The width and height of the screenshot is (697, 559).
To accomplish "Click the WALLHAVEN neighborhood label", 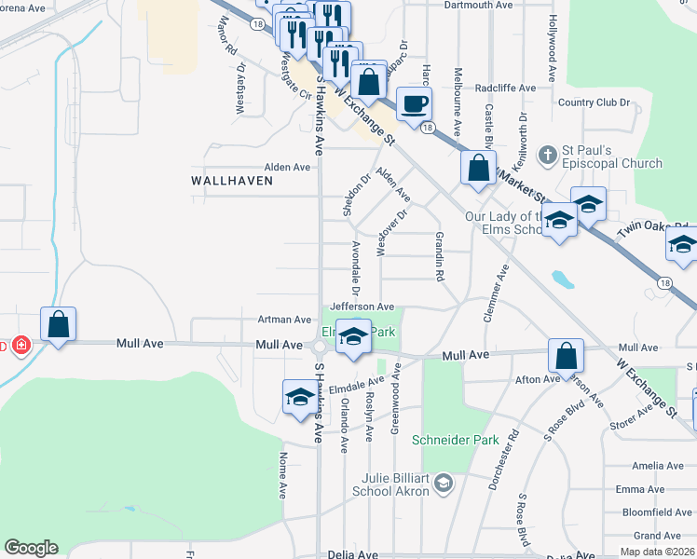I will point(233,181).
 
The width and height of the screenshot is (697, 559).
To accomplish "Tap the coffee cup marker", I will point(413,103).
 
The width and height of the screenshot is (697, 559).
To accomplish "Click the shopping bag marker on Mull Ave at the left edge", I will point(58,325).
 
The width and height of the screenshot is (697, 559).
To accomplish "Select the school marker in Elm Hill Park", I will point(353,337).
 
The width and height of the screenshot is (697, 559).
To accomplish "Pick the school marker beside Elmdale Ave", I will point(298,397).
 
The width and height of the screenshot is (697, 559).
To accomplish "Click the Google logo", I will point(31,548).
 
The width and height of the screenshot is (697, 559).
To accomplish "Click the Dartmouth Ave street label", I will point(479,5).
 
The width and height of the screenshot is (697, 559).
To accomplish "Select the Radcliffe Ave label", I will point(505,89).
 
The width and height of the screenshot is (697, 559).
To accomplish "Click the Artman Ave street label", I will point(284,320).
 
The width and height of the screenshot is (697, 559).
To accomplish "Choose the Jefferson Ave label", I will point(362,306).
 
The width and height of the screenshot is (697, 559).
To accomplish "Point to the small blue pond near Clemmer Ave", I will point(561,279).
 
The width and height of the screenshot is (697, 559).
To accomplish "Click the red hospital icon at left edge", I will point(20,346).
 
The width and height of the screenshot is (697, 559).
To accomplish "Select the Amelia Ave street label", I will point(657,466).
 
